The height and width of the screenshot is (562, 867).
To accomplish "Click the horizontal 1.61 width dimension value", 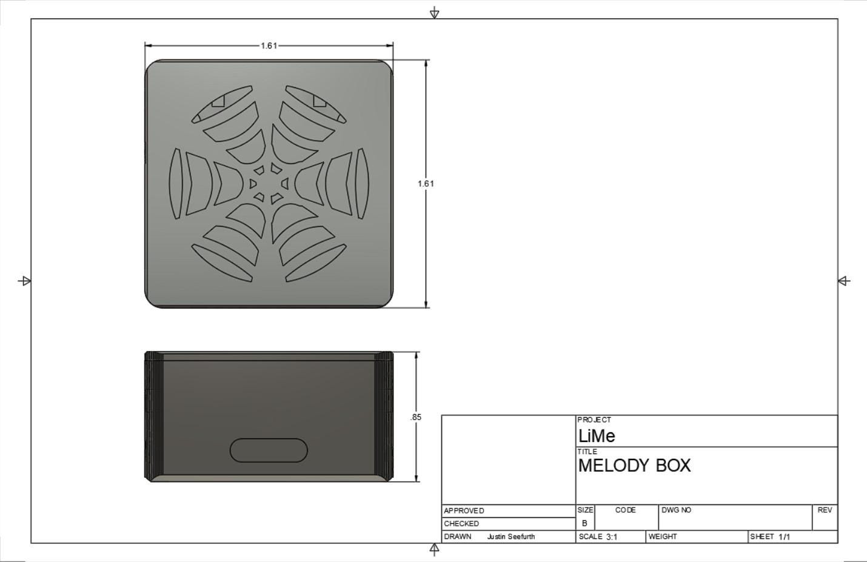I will pyautogui.click(x=269, y=46).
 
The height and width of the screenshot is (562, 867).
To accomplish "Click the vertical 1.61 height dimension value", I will pyautogui.click(x=426, y=183).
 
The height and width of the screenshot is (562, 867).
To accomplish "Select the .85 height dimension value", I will pyautogui.click(x=415, y=417).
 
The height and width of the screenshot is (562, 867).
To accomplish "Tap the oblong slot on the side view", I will pyautogui.click(x=269, y=450).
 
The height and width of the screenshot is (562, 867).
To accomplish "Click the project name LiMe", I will pyautogui.click(x=597, y=436).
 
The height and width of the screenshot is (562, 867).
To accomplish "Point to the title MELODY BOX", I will pyautogui.click(x=634, y=466).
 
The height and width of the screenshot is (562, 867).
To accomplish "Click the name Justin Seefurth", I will pyautogui.click(x=510, y=537).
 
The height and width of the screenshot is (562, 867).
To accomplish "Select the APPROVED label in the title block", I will pyautogui.click(x=464, y=510).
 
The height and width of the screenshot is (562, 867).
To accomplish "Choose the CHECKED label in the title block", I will pyautogui.click(x=461, y=523).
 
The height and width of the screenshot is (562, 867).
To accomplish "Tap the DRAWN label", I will pyautogui.click(x=458, y=537).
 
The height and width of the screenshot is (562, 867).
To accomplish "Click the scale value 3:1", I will pyautogui.click(x=611, y=537).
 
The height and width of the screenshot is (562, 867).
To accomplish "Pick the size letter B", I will pyautogui.click(x=584, y=523).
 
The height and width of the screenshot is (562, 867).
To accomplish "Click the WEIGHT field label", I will pyautogui.click(x=663, y=537).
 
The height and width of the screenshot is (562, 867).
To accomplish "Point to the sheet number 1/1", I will pyautogui.click(x=785, y=537).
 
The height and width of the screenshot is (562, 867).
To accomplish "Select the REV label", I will pyautogui.click(x=825, y=510).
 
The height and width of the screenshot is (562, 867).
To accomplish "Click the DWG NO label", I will pyautogui.click(x=676, y=510).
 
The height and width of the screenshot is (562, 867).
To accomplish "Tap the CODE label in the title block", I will pyautogui.click(x=625, y=510).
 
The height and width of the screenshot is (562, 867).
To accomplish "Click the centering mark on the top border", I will pyautogui.click(x=434, y=13).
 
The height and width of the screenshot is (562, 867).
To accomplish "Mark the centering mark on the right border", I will pyautogui.click(x=844, y=281).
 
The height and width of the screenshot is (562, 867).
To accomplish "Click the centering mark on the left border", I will pyautogui.click(x=25, y=281).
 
